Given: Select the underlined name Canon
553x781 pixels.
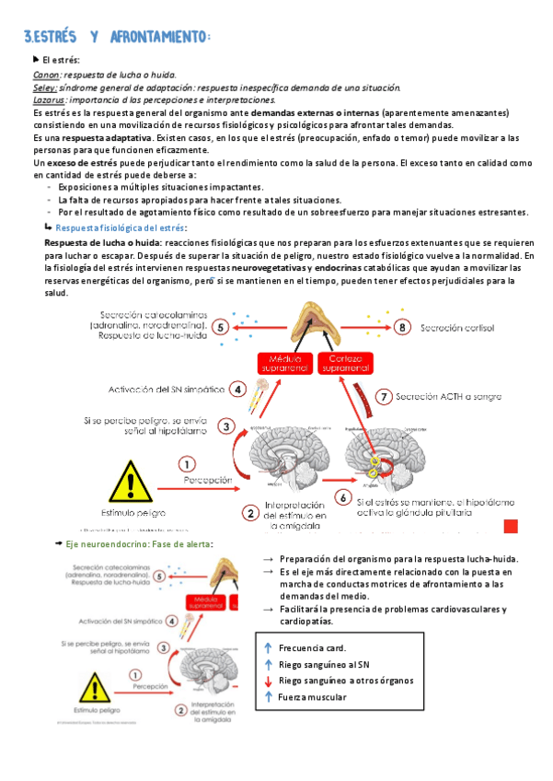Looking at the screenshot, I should [47, 75].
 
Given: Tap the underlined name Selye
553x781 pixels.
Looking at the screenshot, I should [46, 87].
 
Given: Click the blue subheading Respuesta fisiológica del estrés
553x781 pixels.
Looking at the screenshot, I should [121, 227].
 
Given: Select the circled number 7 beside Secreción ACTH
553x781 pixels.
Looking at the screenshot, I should [385, 398].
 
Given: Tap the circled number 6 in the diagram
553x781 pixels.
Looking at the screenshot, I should [341, 497].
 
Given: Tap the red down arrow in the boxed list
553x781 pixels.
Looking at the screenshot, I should [268, 681].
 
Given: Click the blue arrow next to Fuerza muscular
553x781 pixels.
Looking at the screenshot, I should [268, 697].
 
